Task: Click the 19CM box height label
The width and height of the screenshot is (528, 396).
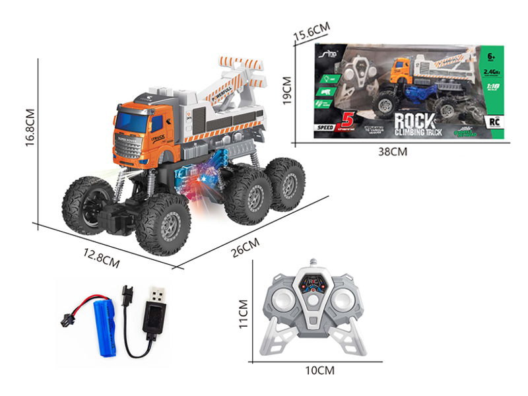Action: [286, 91]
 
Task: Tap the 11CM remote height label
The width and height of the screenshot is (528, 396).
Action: [243, 313]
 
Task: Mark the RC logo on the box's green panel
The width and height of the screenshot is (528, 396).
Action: [492, 121]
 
